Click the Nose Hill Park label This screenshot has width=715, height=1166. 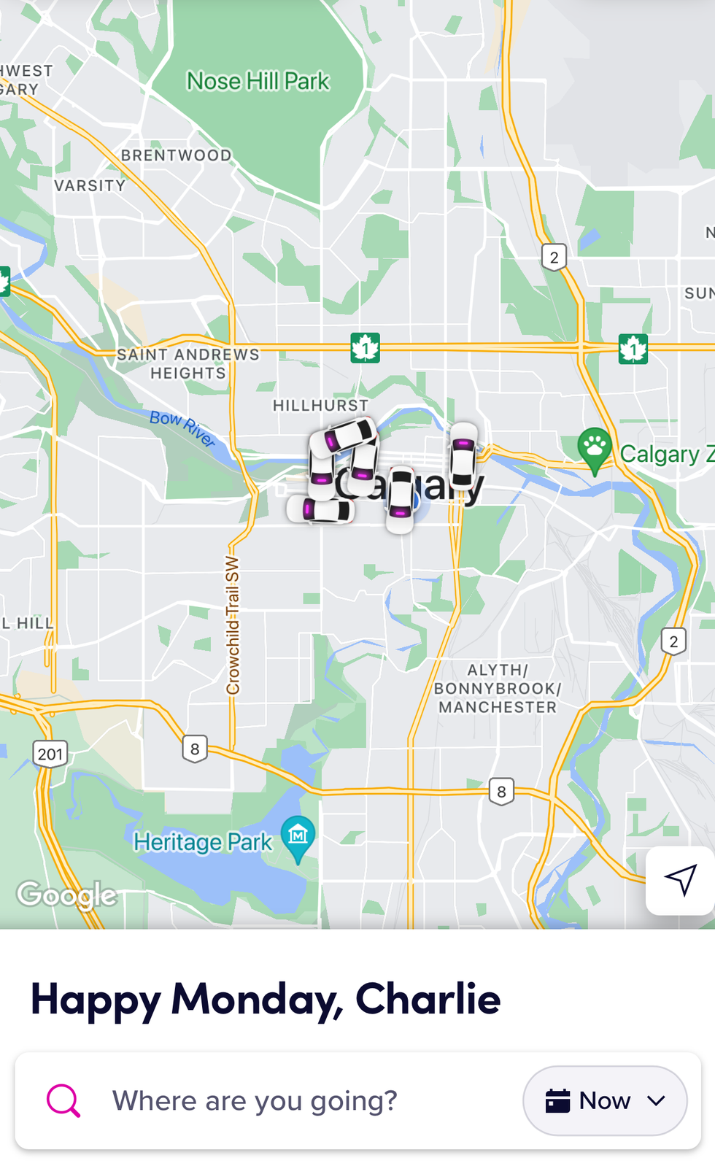pos(258,81)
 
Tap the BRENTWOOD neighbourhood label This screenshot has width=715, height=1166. pos(176,155)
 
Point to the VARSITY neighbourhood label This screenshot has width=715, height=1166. pos(90,186)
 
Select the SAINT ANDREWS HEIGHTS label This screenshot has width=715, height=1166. pos(188,363)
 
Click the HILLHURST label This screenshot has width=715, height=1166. pos(320,405)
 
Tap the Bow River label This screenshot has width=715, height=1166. pos(182,428)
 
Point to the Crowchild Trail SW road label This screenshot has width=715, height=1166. pos(233,625)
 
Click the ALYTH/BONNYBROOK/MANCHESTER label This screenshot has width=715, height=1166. pos(497,688)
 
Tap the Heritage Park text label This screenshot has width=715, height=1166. pos(203,842)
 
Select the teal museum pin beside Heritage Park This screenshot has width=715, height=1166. pos(298,835)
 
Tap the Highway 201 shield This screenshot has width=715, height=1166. pos(50,754)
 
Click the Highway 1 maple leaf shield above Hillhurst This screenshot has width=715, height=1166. pos(365,347)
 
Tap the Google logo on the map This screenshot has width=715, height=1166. pos(67,895)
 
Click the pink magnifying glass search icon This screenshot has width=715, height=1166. pos(63,1100)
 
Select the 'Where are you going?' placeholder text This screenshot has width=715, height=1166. pos(255,1100)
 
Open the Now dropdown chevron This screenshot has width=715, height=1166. pos(656,1100)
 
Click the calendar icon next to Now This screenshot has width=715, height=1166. pos(557,1100)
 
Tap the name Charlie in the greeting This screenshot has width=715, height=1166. pos(428,999)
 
